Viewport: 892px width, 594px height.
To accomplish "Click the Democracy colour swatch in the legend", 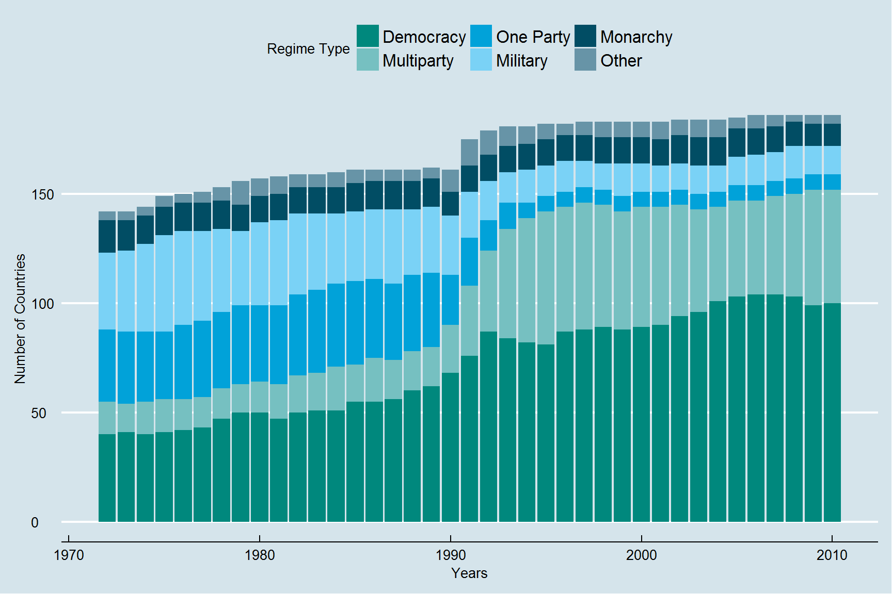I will pos(368,36).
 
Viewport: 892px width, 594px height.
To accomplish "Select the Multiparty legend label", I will pos(418,61).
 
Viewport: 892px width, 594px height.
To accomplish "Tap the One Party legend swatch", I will pos(481,36).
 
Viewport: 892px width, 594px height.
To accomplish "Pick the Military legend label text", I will pos(521,61).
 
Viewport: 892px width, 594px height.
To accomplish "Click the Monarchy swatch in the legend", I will pos(585,36).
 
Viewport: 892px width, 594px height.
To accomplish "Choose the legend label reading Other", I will pos(621,61).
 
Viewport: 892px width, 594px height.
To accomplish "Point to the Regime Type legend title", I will pos(308,49).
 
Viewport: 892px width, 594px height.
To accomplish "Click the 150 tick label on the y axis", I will pos(42,195).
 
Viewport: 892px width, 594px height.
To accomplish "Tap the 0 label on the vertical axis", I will pos(35,523).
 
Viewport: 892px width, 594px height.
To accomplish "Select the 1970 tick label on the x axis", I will pos(69,555).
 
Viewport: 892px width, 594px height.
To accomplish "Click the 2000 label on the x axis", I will pos(641,555).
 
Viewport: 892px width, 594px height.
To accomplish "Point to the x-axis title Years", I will pos(469,573).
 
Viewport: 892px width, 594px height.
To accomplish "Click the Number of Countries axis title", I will pos(20,319).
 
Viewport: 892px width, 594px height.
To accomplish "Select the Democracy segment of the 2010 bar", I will pos(832,412).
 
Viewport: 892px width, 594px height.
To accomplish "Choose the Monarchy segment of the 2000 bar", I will pos(641,151).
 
